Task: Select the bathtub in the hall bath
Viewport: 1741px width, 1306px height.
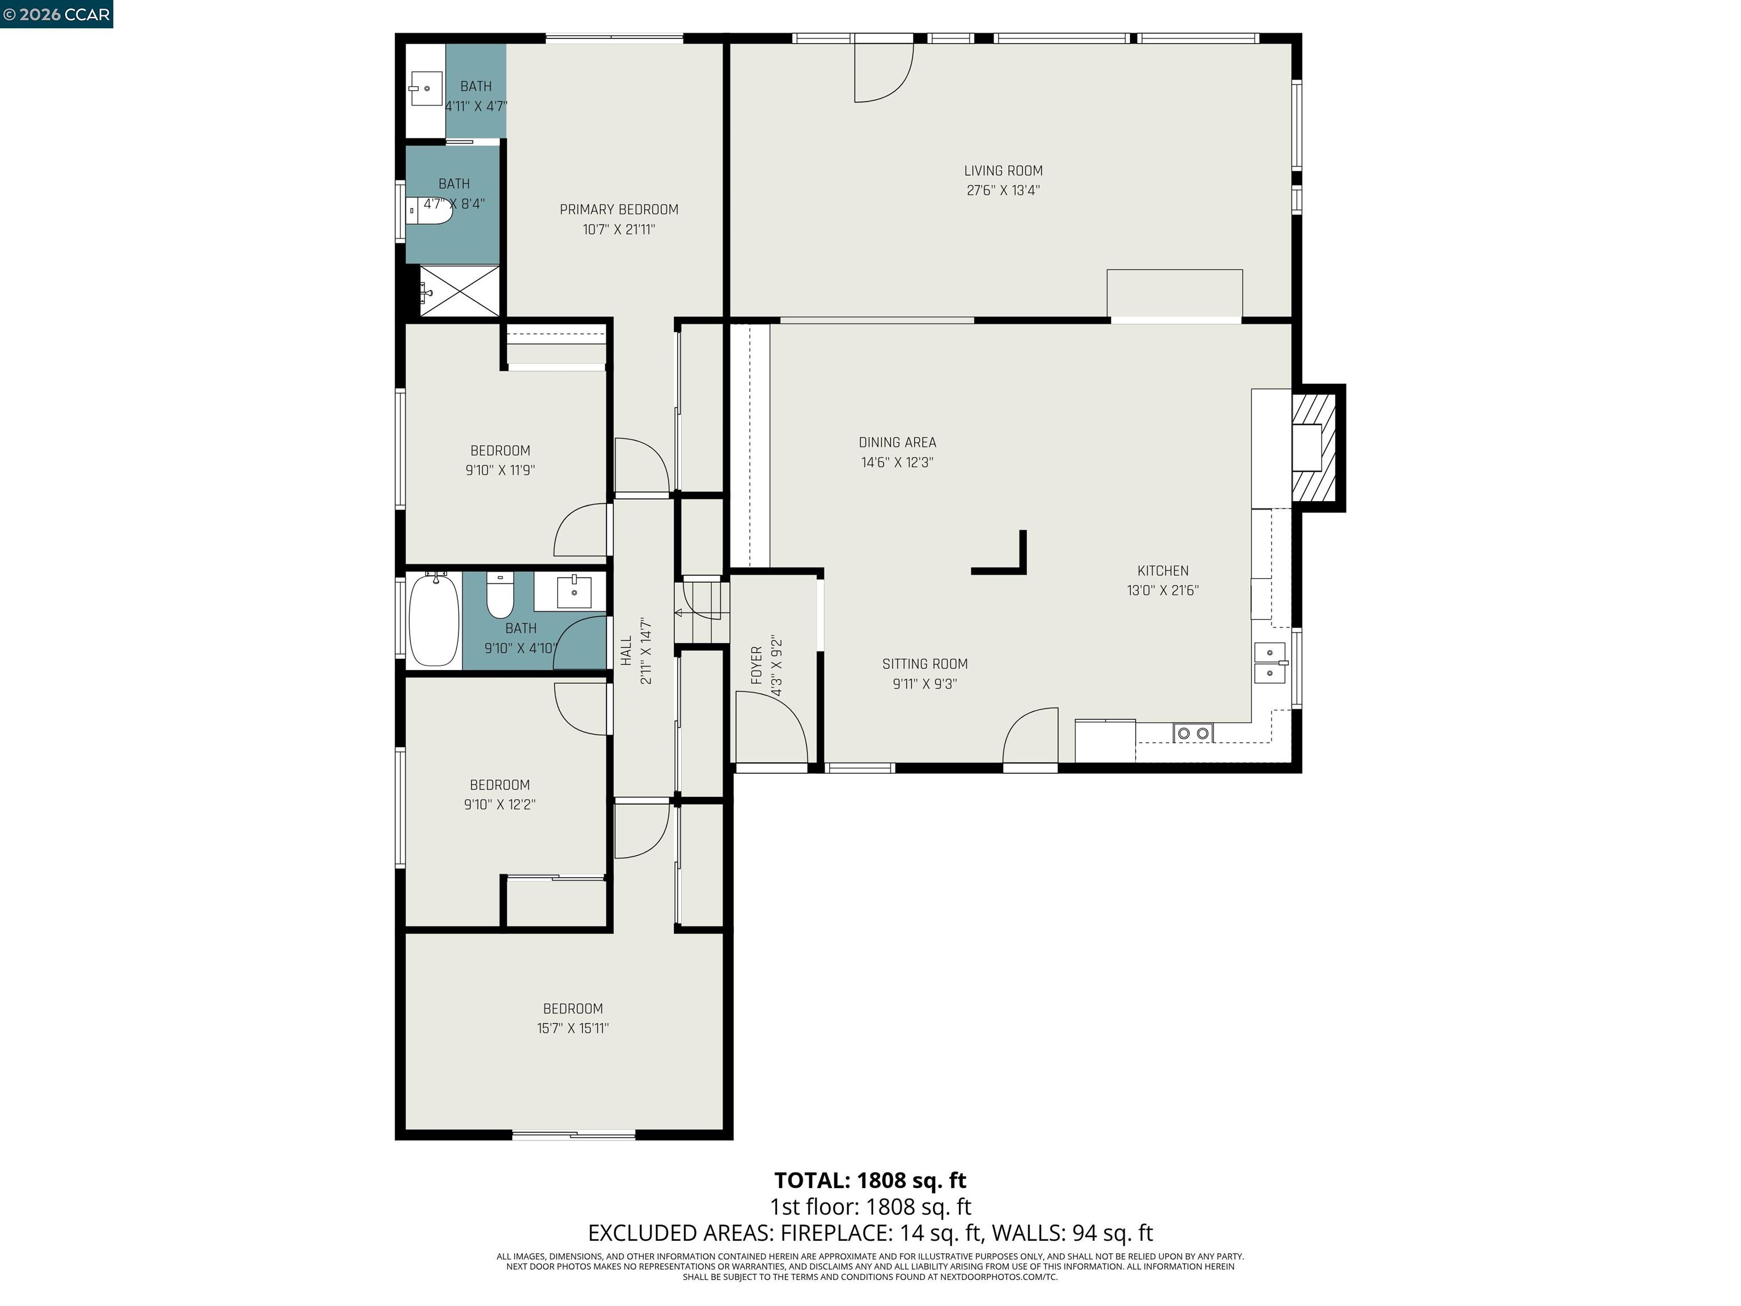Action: point(434,620)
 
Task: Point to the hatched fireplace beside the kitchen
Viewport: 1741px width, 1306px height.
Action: point(1314,447)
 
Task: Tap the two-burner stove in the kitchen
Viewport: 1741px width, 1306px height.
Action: point(1192,733)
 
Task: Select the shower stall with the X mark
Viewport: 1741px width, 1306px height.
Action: point(460,291)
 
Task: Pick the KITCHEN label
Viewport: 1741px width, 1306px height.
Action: point(1162,571)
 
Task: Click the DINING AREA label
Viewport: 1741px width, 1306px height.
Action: point(897,442)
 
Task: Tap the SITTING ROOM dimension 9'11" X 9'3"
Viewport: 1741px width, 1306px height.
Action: point(925,684)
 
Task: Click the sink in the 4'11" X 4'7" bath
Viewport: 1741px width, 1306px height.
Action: point(426,88)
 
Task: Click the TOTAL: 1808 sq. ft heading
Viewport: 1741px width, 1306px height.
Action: point(870,1180)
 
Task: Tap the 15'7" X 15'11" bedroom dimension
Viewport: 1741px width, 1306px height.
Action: point(572,1028)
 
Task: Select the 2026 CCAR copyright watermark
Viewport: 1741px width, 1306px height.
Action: point(56,14)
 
